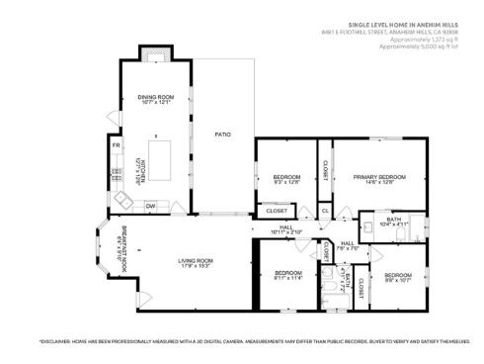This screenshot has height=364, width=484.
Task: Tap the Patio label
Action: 224,134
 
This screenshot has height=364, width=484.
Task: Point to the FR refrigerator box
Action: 116,146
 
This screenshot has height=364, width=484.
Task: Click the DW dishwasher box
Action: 150,206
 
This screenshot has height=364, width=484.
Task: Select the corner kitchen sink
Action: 122,201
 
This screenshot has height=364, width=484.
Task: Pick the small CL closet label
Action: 325,211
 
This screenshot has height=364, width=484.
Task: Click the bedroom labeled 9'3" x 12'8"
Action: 285,179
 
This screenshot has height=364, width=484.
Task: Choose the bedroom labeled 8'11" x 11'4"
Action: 287,274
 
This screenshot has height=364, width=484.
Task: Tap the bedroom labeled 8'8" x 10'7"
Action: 398,277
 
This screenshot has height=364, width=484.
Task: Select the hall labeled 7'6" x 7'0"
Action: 348,245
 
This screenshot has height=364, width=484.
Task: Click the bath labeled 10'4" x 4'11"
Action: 393,222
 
